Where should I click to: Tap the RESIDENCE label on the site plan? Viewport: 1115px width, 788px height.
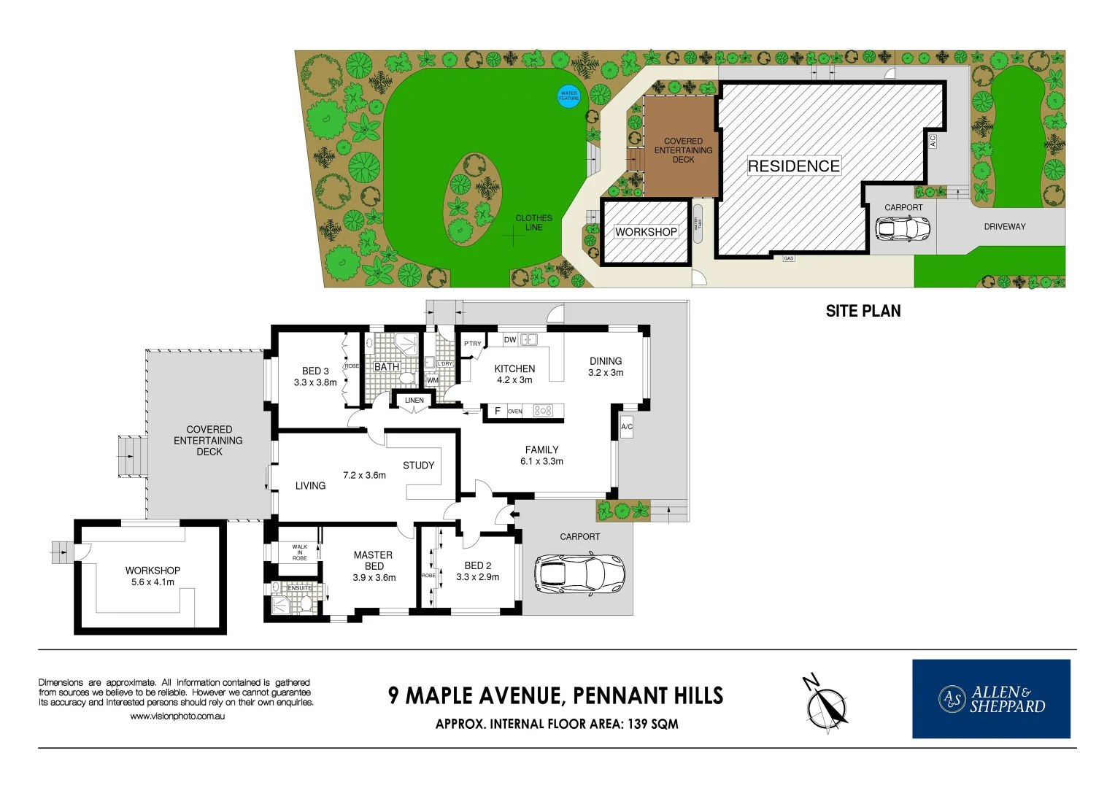tap(793, 166)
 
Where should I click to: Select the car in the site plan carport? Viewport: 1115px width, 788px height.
tap(903, 228)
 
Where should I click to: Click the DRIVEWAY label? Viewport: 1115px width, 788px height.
tap(1004, 227)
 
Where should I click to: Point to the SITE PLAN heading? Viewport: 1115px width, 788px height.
tap(863, 311)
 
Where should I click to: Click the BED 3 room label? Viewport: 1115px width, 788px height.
tap(315, 376)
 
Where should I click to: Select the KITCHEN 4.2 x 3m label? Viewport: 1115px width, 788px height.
tap(514, 374)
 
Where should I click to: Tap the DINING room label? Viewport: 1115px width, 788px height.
tap(606, 366)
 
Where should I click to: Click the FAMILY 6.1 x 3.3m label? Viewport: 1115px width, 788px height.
tap(541, 455)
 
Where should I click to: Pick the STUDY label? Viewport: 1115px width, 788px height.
tap(418, 466)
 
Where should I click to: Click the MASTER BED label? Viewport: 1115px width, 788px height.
tap(374, 565)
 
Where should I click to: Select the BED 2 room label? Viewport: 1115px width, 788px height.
tap(478, 571)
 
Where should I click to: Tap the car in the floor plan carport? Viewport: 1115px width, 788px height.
tap(579, 573)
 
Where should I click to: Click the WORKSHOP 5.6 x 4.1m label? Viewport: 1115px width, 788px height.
tap(153, 576)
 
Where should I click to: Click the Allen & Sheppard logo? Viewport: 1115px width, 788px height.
tap(991, 699)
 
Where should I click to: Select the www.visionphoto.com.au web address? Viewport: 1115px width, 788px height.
tap(177, 716)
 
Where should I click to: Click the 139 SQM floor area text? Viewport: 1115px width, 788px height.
tap(652, 724)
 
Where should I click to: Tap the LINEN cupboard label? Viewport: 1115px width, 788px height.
tap(414, 400)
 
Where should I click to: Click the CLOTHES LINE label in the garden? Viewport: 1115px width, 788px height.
tap(533, 223)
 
